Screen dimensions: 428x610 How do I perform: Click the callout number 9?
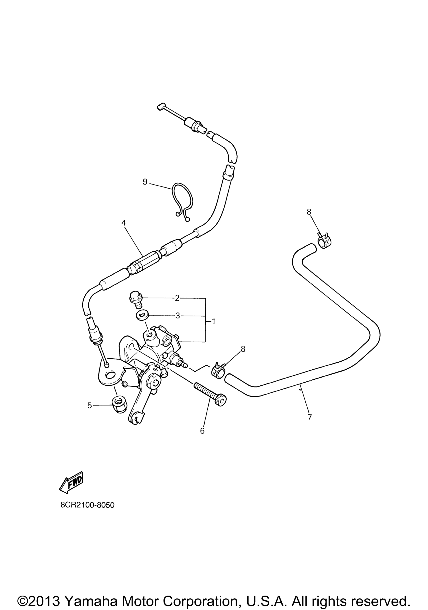[145, 182]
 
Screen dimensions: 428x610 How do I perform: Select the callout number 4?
[124, 223]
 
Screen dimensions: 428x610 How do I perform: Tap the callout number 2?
[177, 298]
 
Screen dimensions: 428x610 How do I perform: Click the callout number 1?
[213, 322]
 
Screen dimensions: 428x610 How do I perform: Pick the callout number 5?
[89, 413]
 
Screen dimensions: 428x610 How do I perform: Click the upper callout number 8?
[309, 212]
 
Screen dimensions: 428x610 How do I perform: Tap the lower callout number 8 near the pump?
[243, 349]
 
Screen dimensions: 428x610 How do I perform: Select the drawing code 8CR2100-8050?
[87, 512]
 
